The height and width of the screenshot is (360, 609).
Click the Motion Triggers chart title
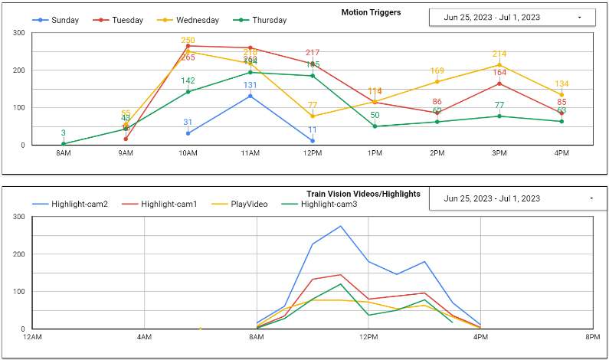[x=371, y=13]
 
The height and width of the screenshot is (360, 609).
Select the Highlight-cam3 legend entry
[x=321, y=204]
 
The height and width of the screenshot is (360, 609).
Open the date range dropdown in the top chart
[x=512, y=17]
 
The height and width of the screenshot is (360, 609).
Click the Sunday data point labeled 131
[x=250, y=96]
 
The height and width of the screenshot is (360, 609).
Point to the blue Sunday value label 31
[x=188, y=123]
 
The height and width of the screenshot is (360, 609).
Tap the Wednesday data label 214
[x=499, y=54]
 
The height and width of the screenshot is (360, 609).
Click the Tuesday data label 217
[x=313, y=53]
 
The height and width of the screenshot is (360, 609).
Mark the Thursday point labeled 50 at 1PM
[x=375, y=126]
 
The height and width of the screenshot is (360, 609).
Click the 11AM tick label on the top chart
[x=250, y=154]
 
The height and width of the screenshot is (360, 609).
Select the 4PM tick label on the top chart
[x=562, y=154]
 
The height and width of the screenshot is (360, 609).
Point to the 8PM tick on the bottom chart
[x=592, y=337]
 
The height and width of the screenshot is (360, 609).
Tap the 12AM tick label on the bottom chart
[x=32, y=337]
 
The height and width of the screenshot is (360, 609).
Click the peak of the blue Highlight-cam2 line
[x=340, y=226]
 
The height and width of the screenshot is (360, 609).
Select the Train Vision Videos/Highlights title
[x=363, y=195]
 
